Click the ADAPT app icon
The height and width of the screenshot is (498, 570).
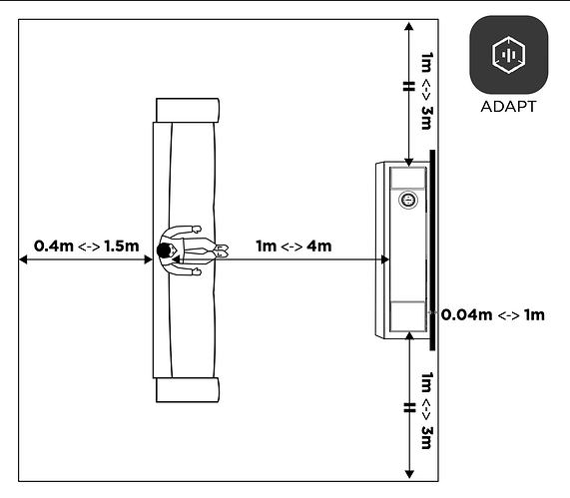point(508,55)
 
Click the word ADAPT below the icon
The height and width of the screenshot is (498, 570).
point(508,107)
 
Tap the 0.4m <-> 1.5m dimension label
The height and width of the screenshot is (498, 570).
point(87,247)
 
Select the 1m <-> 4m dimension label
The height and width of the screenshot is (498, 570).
point(293,247)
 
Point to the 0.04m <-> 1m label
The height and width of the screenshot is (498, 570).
point(493,314)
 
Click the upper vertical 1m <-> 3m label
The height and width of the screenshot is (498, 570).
point(427,91)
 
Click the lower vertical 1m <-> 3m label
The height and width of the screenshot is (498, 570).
point(427,410)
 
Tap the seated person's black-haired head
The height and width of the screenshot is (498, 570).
point(164,250)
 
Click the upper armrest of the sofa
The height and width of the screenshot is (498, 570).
point(188,110)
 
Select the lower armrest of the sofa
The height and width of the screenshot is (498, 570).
point(188,390)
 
